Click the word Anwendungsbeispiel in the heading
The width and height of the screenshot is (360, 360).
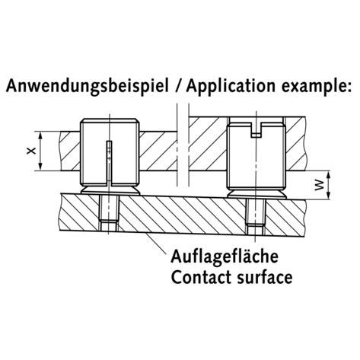point(87,86)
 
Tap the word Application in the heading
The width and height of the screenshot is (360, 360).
point(231,86)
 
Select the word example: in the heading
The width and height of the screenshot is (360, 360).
point(317,86)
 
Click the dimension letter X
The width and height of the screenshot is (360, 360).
point(30,151)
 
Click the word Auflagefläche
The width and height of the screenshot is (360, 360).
point(225,256)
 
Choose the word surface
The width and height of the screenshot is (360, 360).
point(265,277)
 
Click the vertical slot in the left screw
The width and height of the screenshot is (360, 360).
point(110,162)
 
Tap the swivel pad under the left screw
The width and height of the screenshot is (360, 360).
point(110,190)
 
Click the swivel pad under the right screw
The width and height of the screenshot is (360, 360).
point(256,194)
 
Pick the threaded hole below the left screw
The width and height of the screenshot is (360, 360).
point(109,213)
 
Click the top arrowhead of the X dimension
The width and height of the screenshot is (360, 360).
point(40,135)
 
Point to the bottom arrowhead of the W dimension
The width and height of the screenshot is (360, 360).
point(328,196)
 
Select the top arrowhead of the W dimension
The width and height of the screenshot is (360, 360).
point(328,174)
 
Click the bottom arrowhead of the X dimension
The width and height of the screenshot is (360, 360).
point(40,167)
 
